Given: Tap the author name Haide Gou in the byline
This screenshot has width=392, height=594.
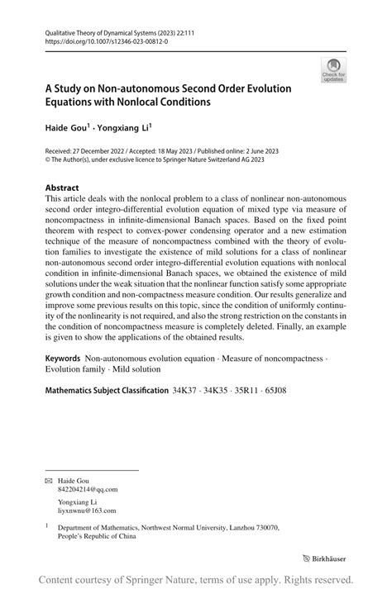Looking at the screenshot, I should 67,130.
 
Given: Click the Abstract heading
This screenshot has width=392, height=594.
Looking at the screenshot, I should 62,188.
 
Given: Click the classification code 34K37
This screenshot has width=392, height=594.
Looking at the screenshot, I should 186,389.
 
